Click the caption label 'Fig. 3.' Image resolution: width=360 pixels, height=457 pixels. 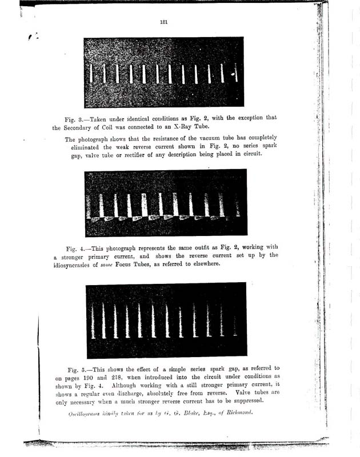tap(74, 118)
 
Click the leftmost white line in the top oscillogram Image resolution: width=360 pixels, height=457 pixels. tap(93, 73)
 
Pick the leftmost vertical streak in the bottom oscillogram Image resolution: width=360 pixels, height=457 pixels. tap(93, 320)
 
